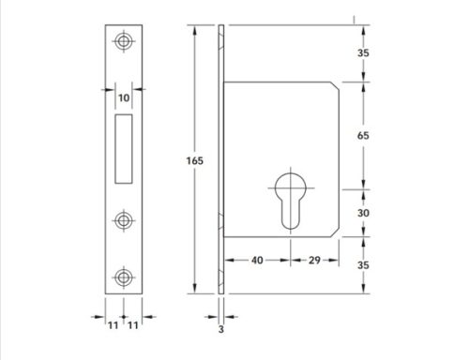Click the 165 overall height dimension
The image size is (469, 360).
coord(194,160)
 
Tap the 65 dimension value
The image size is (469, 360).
coord(363,136)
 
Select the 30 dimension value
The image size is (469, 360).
coord(363,213)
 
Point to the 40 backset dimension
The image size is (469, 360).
coord(257,260)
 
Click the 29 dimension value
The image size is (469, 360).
coord(314,260)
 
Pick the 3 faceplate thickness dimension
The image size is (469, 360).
coord(221,329)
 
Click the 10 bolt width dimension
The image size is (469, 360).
coord(124,98)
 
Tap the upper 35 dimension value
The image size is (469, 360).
coord(363,52)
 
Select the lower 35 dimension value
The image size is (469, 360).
coord(363,265)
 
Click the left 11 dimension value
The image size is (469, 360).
coord(113,325)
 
